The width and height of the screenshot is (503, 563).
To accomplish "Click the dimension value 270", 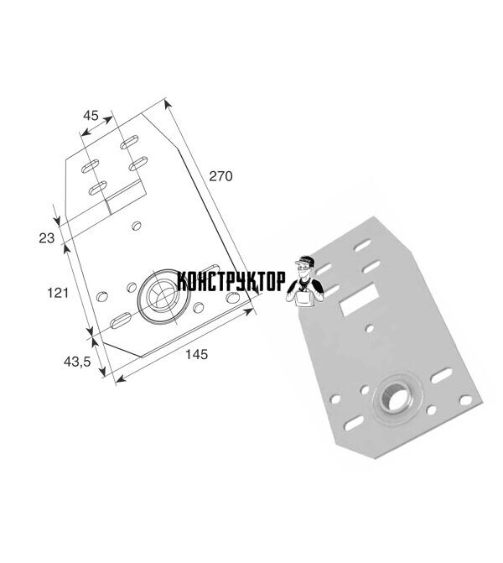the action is [x=220, y=176].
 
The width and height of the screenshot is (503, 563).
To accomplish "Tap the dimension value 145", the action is [x=196, y=354].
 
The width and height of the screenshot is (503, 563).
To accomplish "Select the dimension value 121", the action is [x=58, y=293].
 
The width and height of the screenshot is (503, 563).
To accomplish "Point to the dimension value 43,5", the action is [x=77, y=362].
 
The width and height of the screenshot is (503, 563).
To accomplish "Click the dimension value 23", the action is [x=47, y=238].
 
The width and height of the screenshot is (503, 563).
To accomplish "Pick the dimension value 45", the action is [x=91, y=116].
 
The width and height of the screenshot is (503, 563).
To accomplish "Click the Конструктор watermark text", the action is [x=231, y=281].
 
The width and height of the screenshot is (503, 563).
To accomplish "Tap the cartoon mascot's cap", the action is [x=304, y=260].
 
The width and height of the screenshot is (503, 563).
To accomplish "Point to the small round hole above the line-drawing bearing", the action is [x=137, y=226].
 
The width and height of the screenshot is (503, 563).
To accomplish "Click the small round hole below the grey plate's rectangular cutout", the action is [x=369, y=328].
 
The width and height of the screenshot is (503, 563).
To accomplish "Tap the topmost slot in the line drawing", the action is [x=129, y=142].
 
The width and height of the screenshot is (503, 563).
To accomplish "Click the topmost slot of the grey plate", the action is [x=362, y=246].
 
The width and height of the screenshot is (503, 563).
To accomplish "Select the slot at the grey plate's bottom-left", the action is [x=353, y=423].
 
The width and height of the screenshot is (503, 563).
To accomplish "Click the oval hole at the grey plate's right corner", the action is [x=465, y=400].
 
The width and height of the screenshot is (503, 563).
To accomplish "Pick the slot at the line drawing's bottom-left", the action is [x=120, y=321].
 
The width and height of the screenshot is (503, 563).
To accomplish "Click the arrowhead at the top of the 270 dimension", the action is [x=167, y=105].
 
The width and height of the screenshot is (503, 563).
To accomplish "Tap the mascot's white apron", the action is [x=304, y=299].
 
